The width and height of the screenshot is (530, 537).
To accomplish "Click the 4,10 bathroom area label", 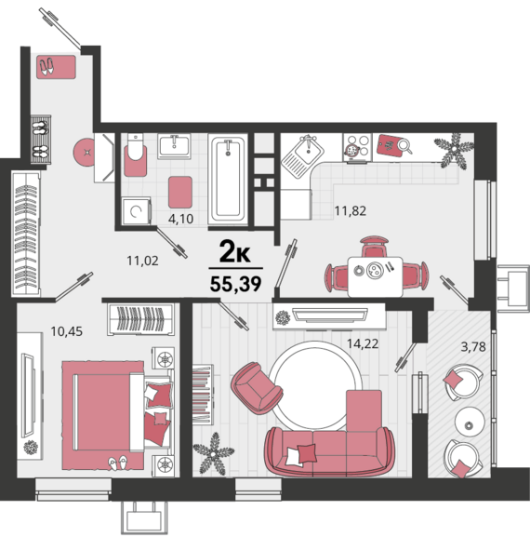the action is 180,219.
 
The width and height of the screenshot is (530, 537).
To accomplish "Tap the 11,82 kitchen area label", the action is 350,210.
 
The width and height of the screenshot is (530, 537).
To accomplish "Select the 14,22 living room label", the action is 363,343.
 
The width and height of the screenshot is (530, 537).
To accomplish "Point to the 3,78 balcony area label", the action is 473,347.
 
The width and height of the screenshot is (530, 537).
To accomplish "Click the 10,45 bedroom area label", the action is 67,331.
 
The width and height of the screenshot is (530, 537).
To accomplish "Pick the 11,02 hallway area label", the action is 142,261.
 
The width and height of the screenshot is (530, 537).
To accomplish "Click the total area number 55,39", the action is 236,284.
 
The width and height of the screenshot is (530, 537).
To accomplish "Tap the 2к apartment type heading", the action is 235,251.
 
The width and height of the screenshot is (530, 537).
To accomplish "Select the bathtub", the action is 228,179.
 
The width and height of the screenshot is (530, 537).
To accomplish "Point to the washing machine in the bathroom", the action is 136,211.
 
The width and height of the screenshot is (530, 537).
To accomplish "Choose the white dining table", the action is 375,276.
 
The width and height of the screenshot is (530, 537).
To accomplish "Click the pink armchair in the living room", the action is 256,388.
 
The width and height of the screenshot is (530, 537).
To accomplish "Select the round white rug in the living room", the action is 315,386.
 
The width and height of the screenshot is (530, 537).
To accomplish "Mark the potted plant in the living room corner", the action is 214,453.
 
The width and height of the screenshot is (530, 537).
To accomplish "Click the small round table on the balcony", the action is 470,422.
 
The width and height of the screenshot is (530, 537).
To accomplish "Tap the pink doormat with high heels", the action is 56,67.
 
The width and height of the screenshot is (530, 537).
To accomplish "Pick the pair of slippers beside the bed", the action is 118,462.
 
